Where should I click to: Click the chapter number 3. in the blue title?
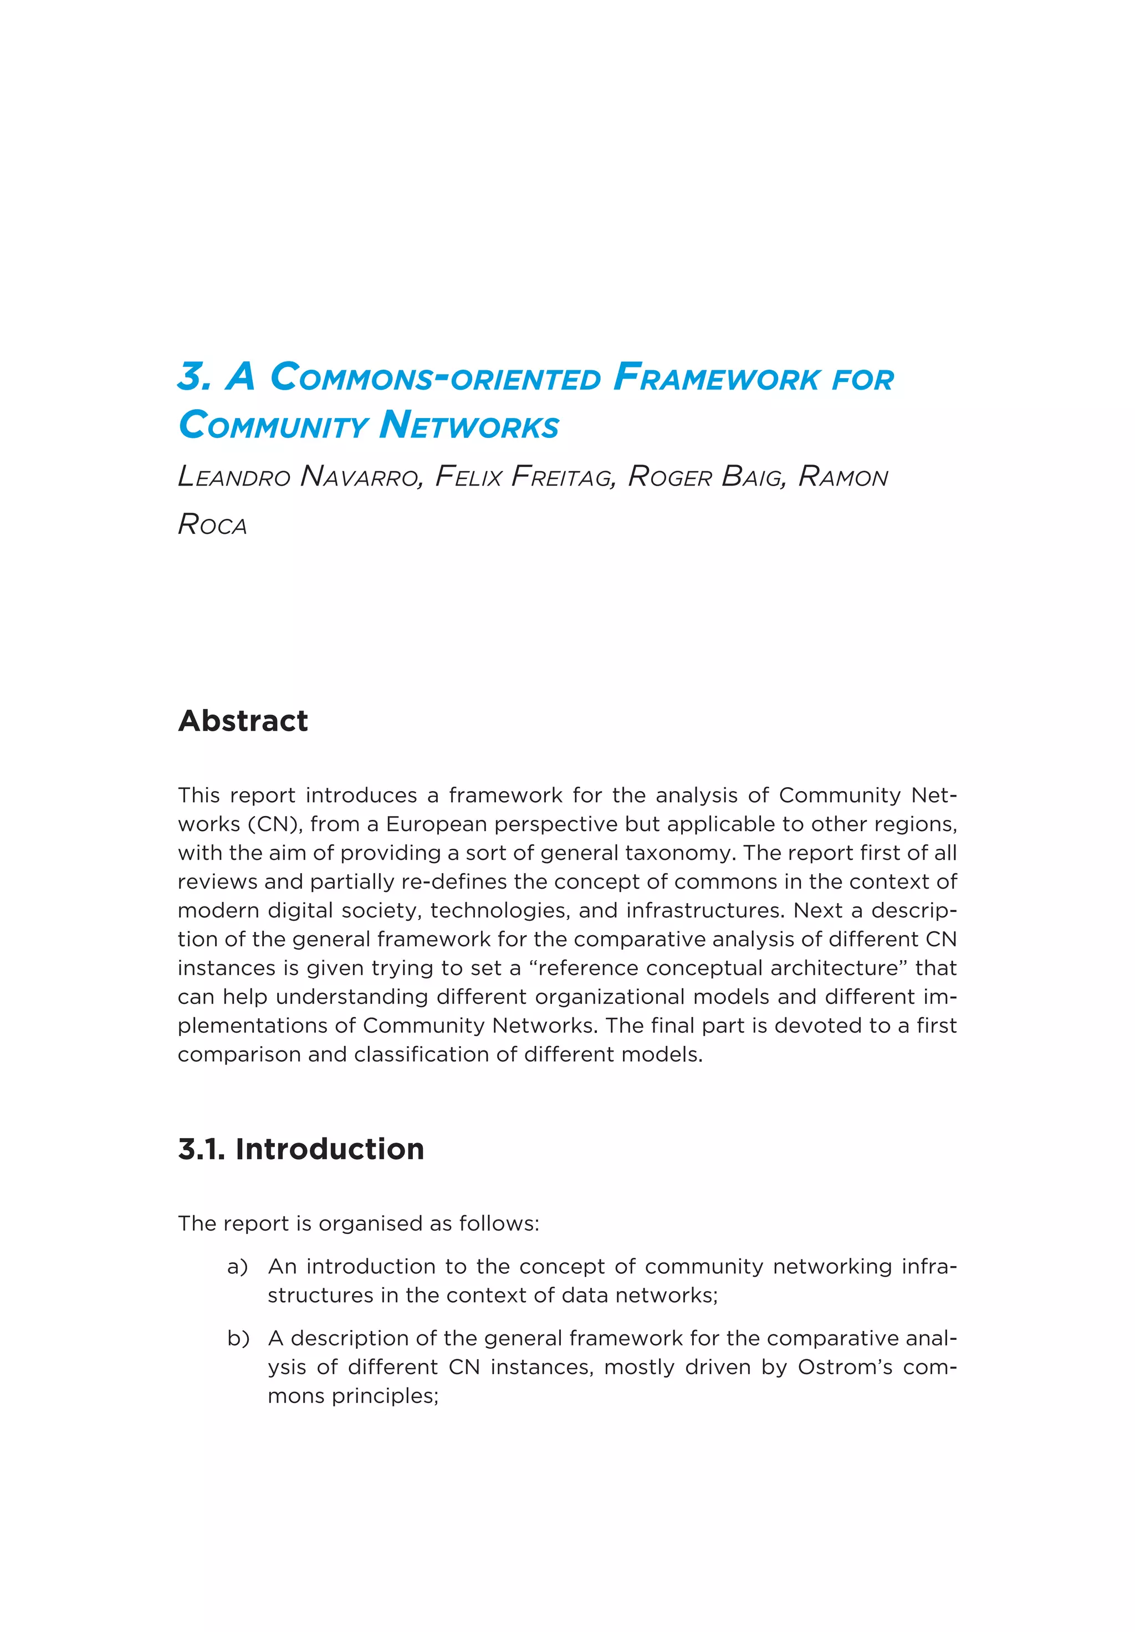coord(194,378)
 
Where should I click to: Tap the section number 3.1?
coord(201,1149)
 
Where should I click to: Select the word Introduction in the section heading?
coord(330,1149)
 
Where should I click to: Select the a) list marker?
coord(237,1267)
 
